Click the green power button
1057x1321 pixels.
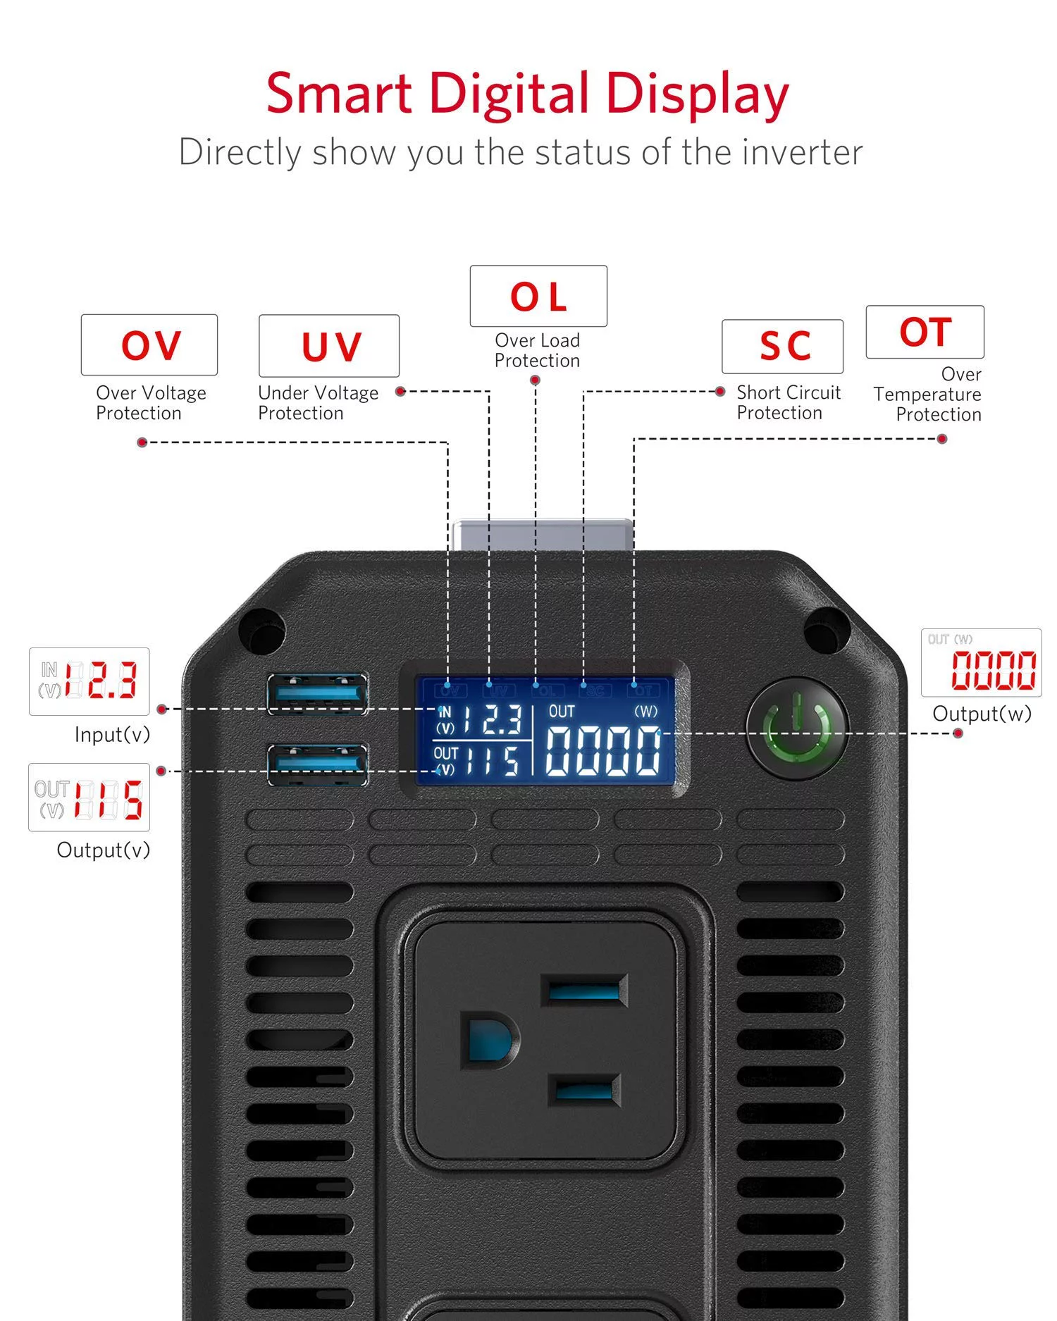pyautogui.click(x=798, y=728)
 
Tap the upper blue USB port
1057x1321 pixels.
pyautogui.click(x=317, y=693)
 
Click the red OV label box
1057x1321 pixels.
pyautogui.click(x=149, y=345)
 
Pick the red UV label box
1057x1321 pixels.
pyautogui.click(x=329, y=346)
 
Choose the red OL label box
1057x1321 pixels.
pyautogui.click(x=538, y=296)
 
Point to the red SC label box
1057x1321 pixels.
pyautogui.click(x=783, y=347)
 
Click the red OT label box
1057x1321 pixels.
pyautogui.click(x=925, y=332)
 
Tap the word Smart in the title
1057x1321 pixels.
pyautogui.click(x=338, y=93)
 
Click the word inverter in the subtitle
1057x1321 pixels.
pyautogui.click(x=803, y=153)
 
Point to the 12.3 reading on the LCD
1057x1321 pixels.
pyautogui.click(x=493, y=719)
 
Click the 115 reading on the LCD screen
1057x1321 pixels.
pyautogui.click(x=493, y=760)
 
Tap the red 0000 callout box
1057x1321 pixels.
pyautogui.click(x=982, y=663)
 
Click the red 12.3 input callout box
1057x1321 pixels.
pyautogui.click(x=89, y=681)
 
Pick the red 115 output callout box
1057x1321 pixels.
pyautogui.click(x=89, y=798)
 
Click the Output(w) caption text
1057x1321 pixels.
pyautogui.click(x=982, y=714)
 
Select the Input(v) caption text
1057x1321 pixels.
pyautogui.click(x=113, y=736)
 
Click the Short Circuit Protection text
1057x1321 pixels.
pyautogui.click(x=788, y=402)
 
